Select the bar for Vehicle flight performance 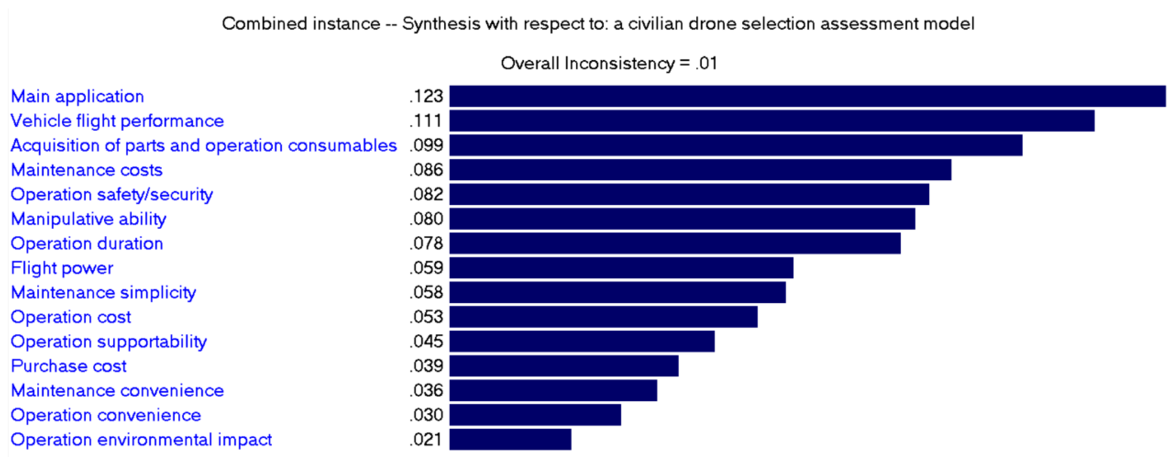tap(772, 121)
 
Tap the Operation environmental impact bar tap(510, 439)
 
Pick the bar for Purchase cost tap(564, 366)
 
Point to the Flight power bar tap(621, 268)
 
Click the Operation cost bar tap(603, 317)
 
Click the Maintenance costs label tap(87, 170)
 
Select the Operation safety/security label tap(111, 194)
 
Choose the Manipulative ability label tap(88, 219)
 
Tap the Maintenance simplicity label tap(103, 292)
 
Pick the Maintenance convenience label tap(117, 390)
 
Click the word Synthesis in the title tap(441, 24)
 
